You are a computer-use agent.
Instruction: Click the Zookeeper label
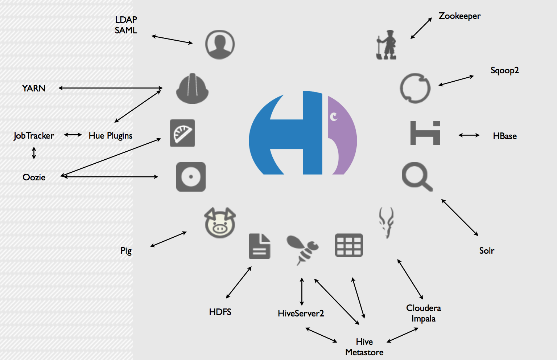[x=459, y=16]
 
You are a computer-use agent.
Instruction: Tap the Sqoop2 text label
[x=504, y=70]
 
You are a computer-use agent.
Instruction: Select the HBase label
[x=504, y=136]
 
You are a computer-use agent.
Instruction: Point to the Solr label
[x=487, y=251]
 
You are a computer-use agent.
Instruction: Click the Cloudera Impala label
[x=424, y=313]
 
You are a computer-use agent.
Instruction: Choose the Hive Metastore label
[x=364, y=347]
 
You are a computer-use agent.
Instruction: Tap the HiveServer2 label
[x=301, y=314]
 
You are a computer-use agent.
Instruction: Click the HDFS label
[x=220, y=312]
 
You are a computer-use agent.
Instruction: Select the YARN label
[x=34, y=89]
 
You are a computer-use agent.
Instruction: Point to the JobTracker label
[x=34, y=136]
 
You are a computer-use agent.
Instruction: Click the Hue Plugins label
[x=111, y=136]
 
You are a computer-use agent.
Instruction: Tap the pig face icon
[x=220, y=223]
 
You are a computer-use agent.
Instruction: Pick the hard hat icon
[x=192, y=89]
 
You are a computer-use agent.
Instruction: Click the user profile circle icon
[x=220, y=45]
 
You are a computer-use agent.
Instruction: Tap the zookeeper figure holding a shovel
[x=387, y=45]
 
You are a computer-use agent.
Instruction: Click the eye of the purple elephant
[x=334, y=117]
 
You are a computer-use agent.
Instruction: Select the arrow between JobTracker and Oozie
[x=34, y=153]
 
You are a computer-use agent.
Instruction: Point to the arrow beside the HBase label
[x=469, y=135]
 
